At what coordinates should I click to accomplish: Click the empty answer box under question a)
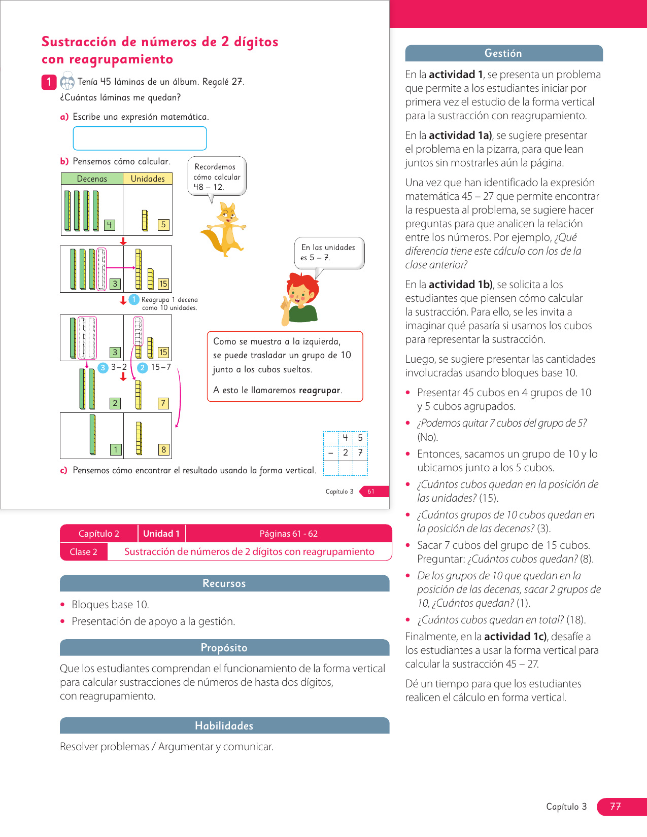pyautogui.click(x=140, y=138)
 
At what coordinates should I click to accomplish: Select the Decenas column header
pyautogui.click(x=92, y=179)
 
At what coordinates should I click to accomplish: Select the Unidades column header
pyautogui.click(x=148, y=179)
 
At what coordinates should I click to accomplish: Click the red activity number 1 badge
pyautogui.click(x=49, y=82)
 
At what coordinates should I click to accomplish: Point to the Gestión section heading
pyautogui.click(x=503, y=53)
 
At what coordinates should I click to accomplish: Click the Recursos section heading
pyautogui.click(x=224, y=583)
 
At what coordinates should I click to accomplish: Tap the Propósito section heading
pyautogui.click(x=224, y=648)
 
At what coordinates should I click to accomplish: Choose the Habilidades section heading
pyautogui.click(x=224, y=726)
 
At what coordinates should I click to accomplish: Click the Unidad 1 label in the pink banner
pyautogui.click(x=161, y=534)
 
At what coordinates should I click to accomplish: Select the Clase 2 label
pyautogui.click(x=84, y=552)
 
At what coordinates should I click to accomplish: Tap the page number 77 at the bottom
pyautogui.click(x=616, y=807)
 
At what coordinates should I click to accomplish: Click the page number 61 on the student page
pyautogui.click(x=371, y=491)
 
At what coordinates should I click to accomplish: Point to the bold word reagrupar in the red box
pyautogui.click(x=320, y=390)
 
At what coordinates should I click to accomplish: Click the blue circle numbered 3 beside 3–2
pyautogui.click(x=103, y=368)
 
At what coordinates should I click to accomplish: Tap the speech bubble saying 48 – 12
pyautogui.click(x=217, y=177)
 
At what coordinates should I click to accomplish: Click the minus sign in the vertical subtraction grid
pyautogui.click(x=330, y=452)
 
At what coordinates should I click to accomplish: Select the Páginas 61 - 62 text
pyautogui.click(x=288, y=534)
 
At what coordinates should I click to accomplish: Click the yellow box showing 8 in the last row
pyautogui.click(x=163, y=449)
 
